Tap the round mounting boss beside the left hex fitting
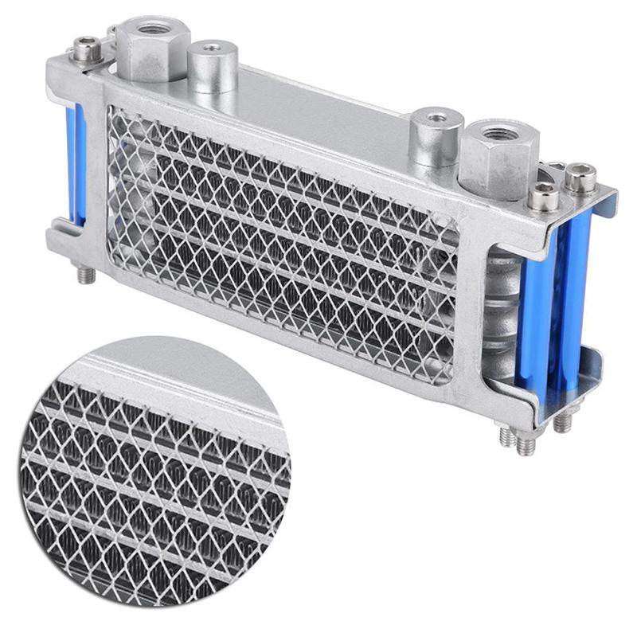212,65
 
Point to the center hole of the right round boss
437,117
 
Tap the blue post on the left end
76,163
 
